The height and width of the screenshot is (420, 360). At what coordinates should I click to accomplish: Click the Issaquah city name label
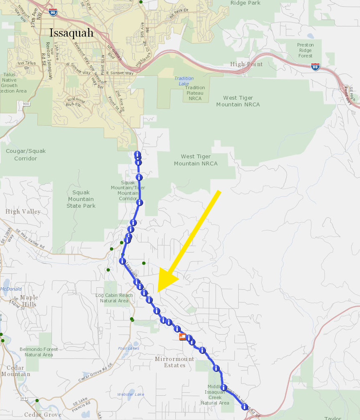pyautogui.click(x=71, y=33)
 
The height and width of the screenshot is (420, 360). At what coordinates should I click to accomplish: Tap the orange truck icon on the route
pyautogui.click(x=183, y=336)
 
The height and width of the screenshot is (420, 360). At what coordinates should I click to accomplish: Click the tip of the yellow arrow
pyautogui.click(x=158, y=292)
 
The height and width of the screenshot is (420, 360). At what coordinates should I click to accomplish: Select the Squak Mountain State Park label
pyautogui.click(x=81, y=199)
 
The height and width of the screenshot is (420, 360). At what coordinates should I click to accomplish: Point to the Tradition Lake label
pyautogui.click(x=184, y=81)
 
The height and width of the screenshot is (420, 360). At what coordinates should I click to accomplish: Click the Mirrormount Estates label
pyautogui.click(x=175, y=362)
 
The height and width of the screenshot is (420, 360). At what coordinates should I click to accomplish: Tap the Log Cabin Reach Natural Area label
pyautogui.click(x=114, y=298)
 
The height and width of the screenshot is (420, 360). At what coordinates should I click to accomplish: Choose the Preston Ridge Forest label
pyautogui.click(x=305, y=50)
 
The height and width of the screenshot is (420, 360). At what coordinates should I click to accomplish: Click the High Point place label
pyautogui.click(x=247, y=64)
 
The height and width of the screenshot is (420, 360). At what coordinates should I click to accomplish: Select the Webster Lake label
pyautogui.click(x=131, y=394)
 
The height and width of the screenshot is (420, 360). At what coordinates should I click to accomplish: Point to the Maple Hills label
pyautogui.click(x=29, y=301)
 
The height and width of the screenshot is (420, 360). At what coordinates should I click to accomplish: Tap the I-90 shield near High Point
pyautogui.click(x=315, y=67)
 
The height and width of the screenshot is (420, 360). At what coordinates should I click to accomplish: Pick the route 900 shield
pyautogui.click(x=26, y=104)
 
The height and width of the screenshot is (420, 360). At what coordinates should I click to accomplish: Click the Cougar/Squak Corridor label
pyautogui.click(x=26, y=155)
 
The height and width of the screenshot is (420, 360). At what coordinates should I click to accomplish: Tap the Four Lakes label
pyautogui.click(x=129, y=348)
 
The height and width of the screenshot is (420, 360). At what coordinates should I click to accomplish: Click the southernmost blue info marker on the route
pyautogui.click(x=244, y=407)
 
